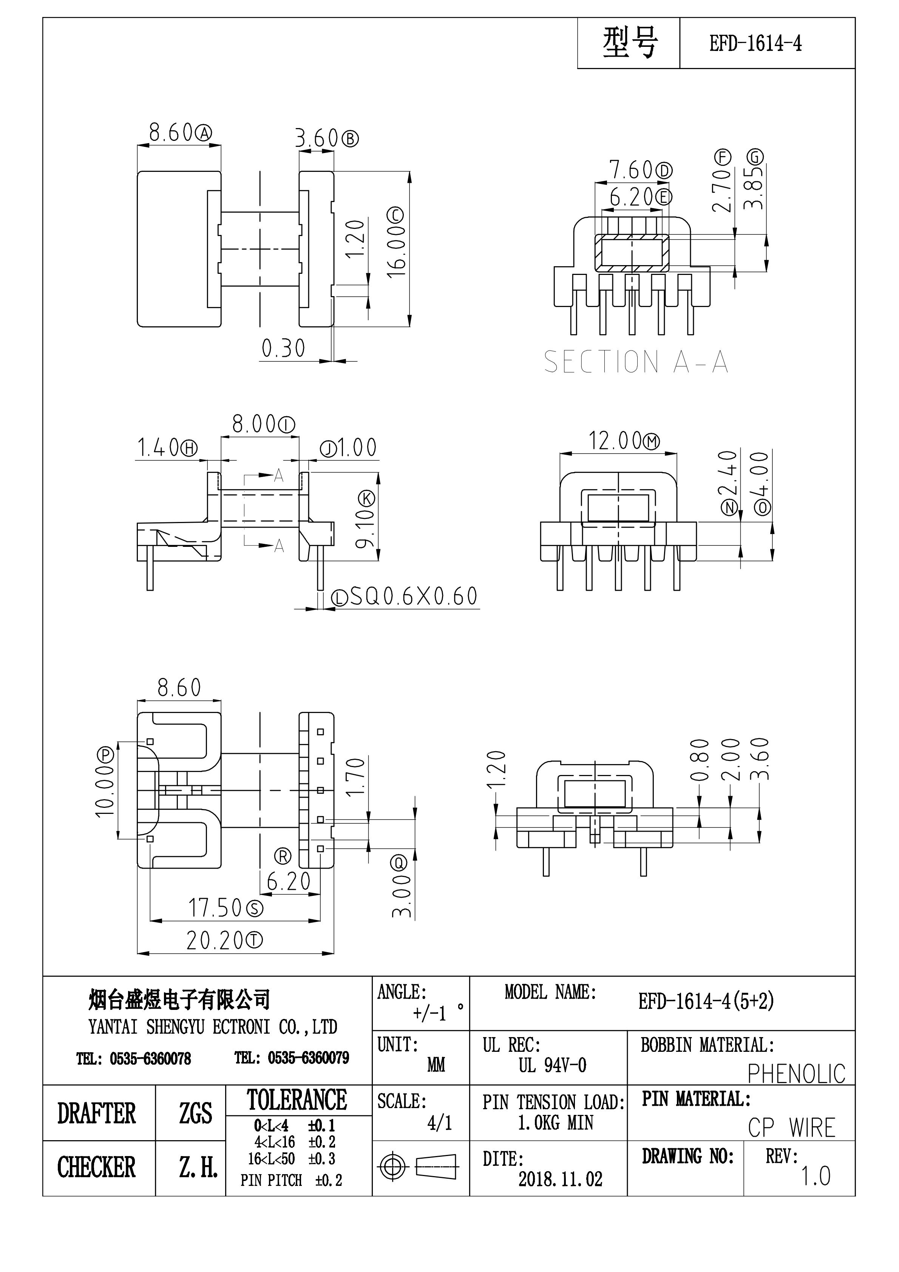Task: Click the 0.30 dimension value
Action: pyautogui.click(x=283, y=349)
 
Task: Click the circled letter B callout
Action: pyautogui.click(x=350, y=139)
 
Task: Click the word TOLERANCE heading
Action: pyautogui.click(x=297, y=1100)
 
